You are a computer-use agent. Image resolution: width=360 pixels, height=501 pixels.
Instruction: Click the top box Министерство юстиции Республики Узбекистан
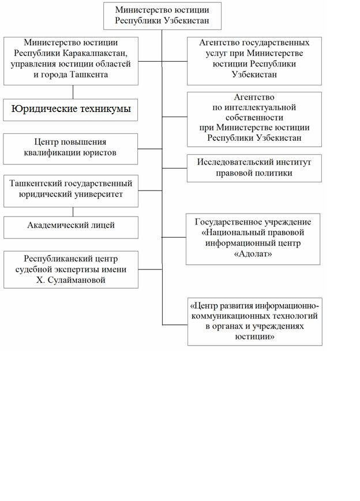tap(162, 16)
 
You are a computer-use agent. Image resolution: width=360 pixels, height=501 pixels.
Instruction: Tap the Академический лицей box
tap(71, 226)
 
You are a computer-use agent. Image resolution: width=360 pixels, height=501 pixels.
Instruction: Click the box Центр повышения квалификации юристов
tap(71, 148)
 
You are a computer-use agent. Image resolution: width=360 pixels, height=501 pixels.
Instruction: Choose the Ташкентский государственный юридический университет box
tap(71, 190)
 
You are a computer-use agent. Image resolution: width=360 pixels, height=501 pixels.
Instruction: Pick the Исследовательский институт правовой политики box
tap(254, 168)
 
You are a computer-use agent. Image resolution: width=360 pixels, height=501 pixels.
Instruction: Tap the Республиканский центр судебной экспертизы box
tap(71, 269)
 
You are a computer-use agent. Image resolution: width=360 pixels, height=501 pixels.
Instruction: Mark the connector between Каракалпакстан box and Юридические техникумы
tap(73, 92)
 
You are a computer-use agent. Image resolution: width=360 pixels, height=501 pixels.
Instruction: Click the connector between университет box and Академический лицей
tap(73, 212)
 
